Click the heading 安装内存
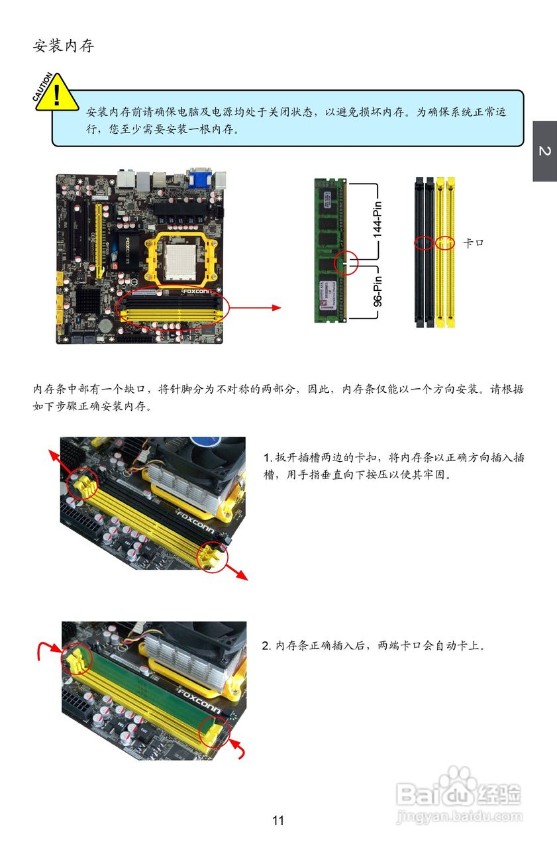(64, 46)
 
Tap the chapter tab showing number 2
(544, 151)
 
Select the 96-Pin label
(377, 292)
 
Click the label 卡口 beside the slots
(473, 243)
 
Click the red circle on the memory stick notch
(346, 263)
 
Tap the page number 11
(278, 820)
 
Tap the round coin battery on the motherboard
(105, 325)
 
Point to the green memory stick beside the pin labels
(330, 250)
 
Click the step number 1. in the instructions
(268, 458)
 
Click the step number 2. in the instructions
(268, 645)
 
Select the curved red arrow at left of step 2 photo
(46, 650)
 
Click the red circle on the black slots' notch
(424, 243)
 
